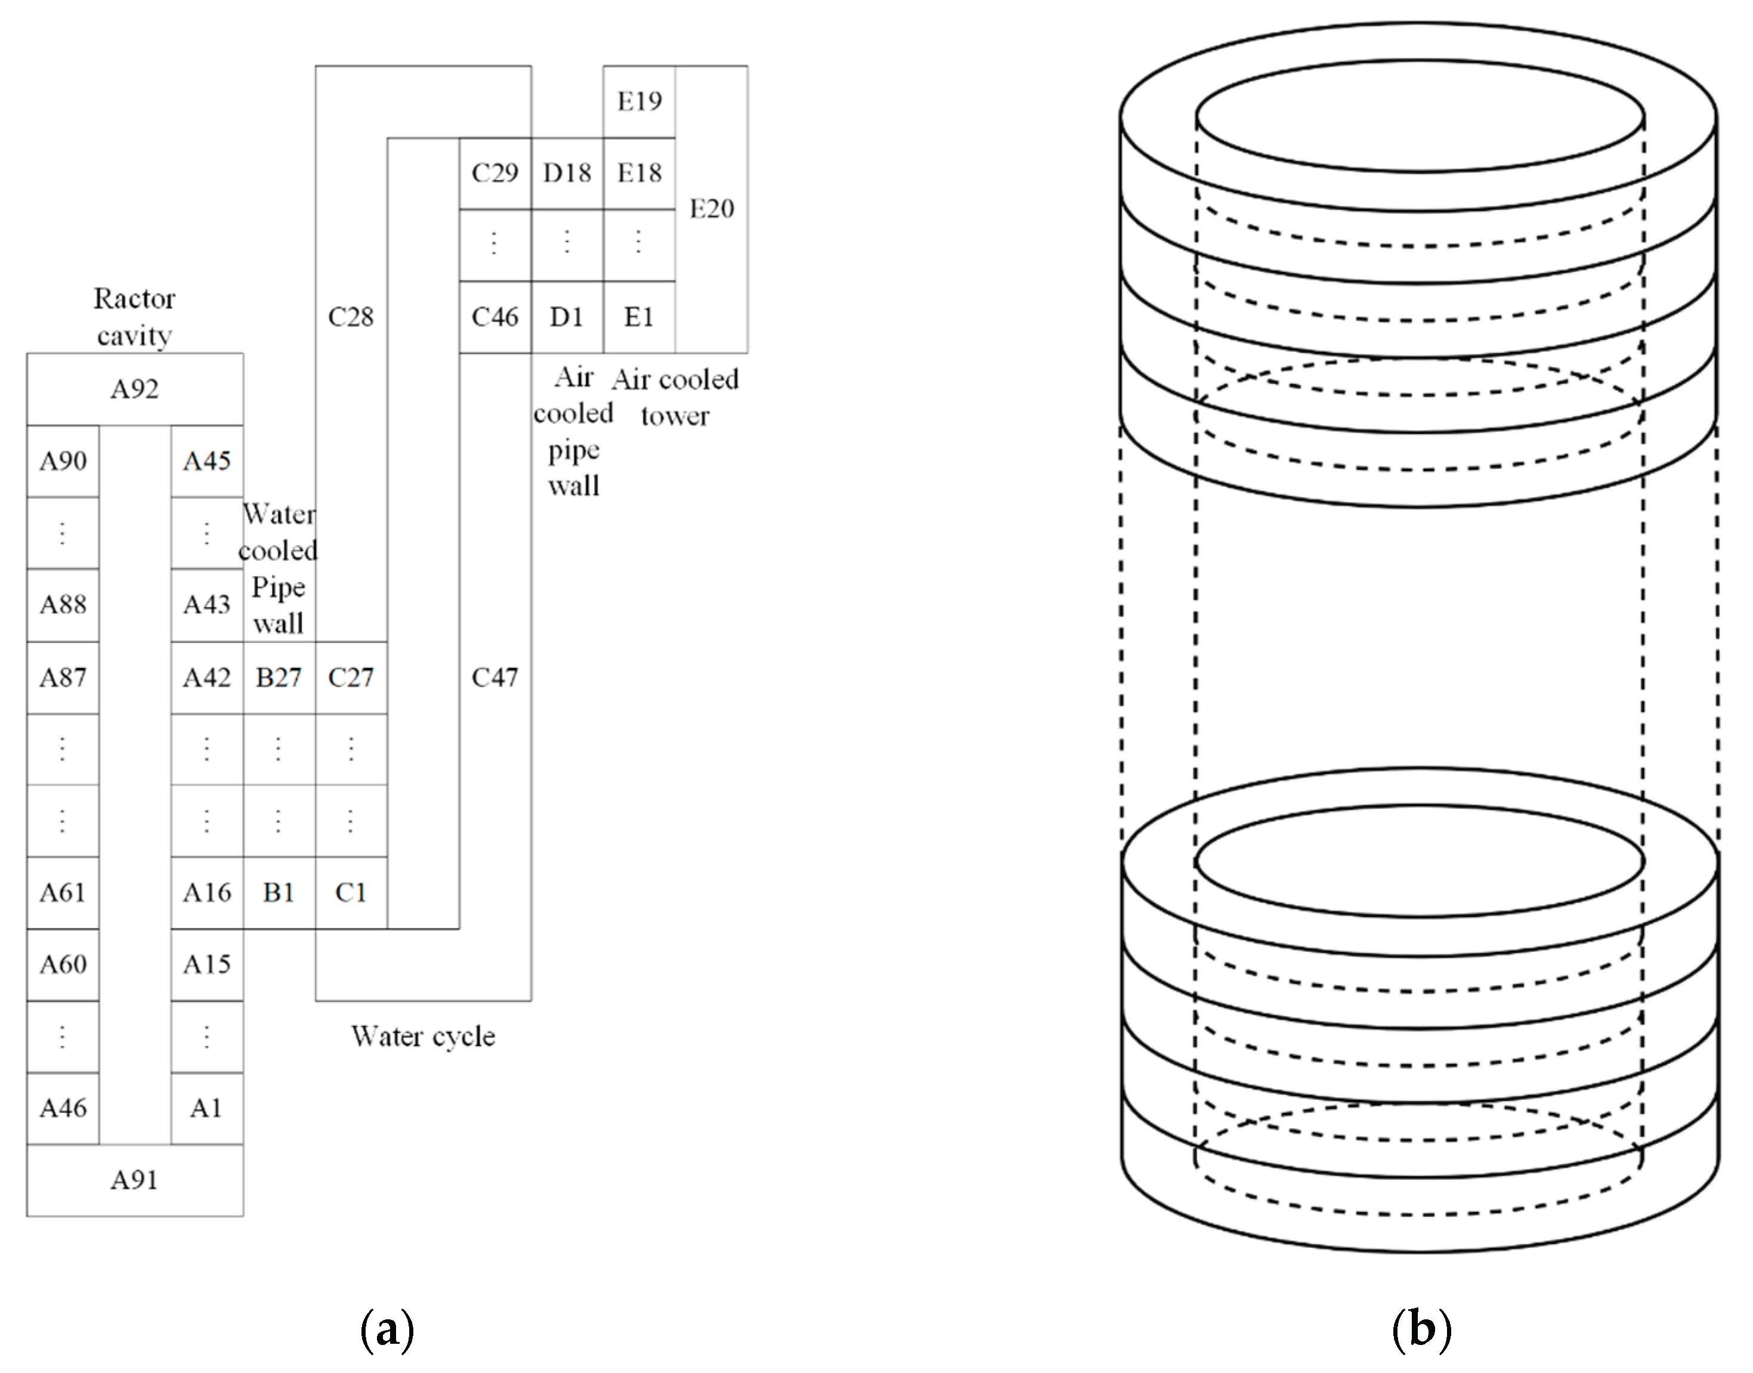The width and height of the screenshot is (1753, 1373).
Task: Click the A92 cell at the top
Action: pyautogui.click(x=134, y=389)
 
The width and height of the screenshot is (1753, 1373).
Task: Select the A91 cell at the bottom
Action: pyautogui.click(x=134, y=1180)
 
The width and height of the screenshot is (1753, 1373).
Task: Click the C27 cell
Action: pyautogui.click(x=351, y=678)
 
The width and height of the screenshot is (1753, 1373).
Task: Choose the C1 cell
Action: pyautogui.click(x=351, y=892)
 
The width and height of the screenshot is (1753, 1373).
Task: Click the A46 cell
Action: pyautogui.click(x=63, y=1109)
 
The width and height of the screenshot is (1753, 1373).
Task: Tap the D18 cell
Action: pyautogui.click(x=567, y=173)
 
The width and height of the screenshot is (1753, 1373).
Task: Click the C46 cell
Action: pyautogui.click(x=494, y=317)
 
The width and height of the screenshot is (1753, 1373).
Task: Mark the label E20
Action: pyautogui.click(x=712, y=209)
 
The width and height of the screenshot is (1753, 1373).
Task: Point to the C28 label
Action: pyautogui.click(x=351, y=317)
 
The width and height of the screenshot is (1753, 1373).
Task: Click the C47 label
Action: pyautogui.click(x=494, y=678)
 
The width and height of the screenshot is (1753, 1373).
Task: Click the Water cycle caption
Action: pyautogui.click(x=423, y=1036)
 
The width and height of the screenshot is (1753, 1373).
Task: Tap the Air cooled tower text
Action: pyautogui.click(x=675, y=397)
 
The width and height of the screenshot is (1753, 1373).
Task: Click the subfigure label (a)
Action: pyautogui.click(x=388, y=1329)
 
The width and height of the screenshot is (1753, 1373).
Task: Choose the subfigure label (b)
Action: pyautogui.click(x=1420, y=1329)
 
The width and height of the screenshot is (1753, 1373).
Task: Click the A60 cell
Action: pyautogui.click(x=63, y=964)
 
